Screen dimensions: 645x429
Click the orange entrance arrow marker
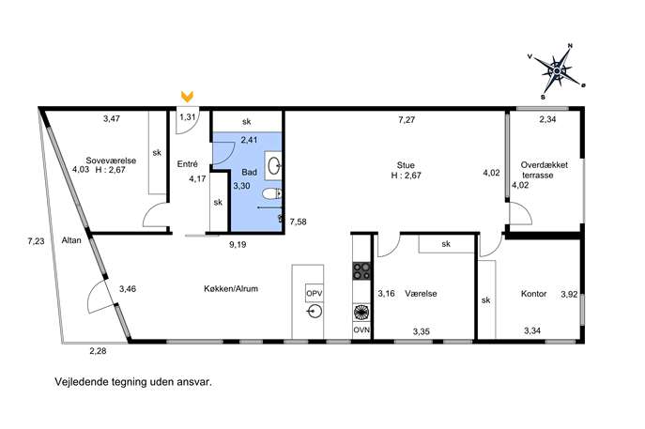(x=187, y=97)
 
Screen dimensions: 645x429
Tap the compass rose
(x=557, y=71)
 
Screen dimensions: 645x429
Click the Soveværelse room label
(x=111, y=161)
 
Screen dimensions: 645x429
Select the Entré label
(x=187, y=163)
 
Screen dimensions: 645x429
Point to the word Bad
(x=250, y=172)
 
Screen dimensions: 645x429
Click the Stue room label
(x=406, y=165)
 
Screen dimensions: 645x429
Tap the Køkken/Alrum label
(x=231, y=289)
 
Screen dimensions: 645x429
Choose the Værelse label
(x=421, y=294)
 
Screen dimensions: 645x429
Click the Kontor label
(x=533, y=294)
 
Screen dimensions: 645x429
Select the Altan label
(x=71, y=240)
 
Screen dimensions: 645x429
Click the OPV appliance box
(x=315, y=294)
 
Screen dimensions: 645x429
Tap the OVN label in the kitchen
(x=361, y=329)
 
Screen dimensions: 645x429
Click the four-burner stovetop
(x=362, y=271)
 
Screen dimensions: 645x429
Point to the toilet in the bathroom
(x=272, y=193)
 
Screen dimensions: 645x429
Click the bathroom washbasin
(x=274, y=166)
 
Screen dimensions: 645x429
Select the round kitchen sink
(x=315, y=312)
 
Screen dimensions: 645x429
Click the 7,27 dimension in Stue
(x=407, y=120)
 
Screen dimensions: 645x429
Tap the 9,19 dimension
(x=238, y=245)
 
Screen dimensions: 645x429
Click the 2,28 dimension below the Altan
(x=98, y=351)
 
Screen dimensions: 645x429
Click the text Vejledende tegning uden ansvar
(x=133, y=382)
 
